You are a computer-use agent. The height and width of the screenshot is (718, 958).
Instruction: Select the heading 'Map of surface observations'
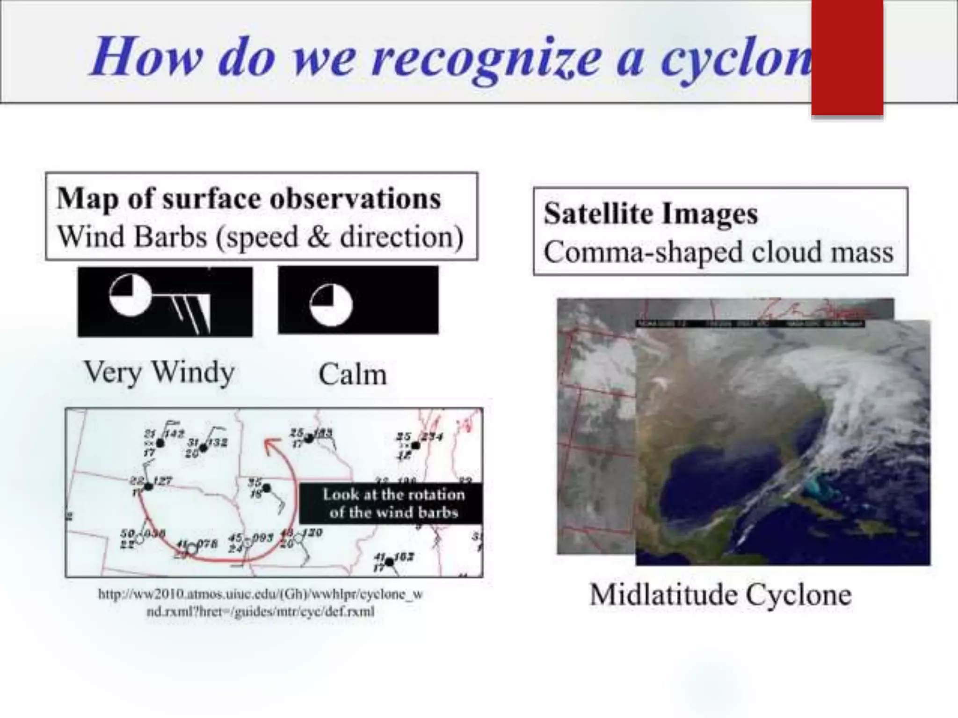(x=248, y=199)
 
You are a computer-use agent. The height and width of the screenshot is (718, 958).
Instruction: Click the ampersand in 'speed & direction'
(x=319, y=237)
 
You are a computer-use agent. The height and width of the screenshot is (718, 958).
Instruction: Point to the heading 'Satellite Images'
(x=650, y=214)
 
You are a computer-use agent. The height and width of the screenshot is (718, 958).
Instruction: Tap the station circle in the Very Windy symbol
(x=131, y=295)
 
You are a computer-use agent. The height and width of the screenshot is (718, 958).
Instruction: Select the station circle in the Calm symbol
(x=331, y=305)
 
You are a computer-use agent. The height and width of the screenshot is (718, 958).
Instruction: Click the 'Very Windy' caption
(x=159, y=373)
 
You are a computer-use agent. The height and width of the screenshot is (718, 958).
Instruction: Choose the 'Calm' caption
(x=353, y=375)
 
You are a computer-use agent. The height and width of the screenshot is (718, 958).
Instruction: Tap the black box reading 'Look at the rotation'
(x=391, y=503)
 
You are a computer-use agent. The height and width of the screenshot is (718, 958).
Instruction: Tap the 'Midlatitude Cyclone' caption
(x=720, y=595)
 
